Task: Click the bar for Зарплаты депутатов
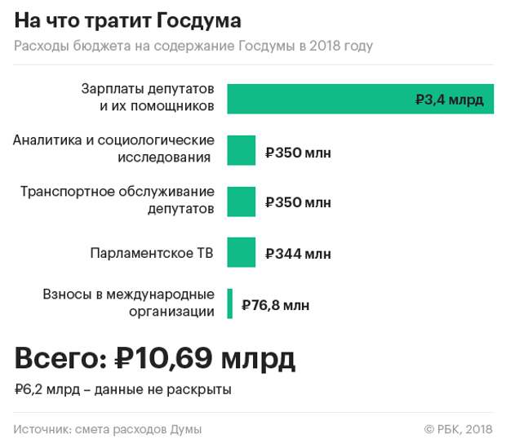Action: click(x=326, y=99)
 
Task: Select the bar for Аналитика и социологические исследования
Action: click(x=242, y=150)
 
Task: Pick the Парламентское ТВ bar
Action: click(x=242, y=252)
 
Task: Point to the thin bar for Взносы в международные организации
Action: click(x=230, y=304)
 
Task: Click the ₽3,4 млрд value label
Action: click(x=449, y=100)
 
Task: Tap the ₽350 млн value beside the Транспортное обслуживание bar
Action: click(x=298, y=202)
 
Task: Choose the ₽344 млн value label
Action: click(x=298, y=254)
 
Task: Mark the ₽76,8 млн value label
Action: click(x=276, y=305)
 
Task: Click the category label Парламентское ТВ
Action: click(x=152, y=253)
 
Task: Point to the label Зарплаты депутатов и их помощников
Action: click(x=148, y=97)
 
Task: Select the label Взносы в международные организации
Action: click(x=129, y=302)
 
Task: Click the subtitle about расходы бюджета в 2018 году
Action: click(x=193, y=46)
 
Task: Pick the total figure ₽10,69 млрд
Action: click(x=205, y=357)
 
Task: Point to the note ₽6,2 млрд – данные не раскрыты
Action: click(x=123, y=389)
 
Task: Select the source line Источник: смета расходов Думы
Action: click(x=108, y=429)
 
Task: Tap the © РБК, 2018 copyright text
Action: click(x=458, y=429)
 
